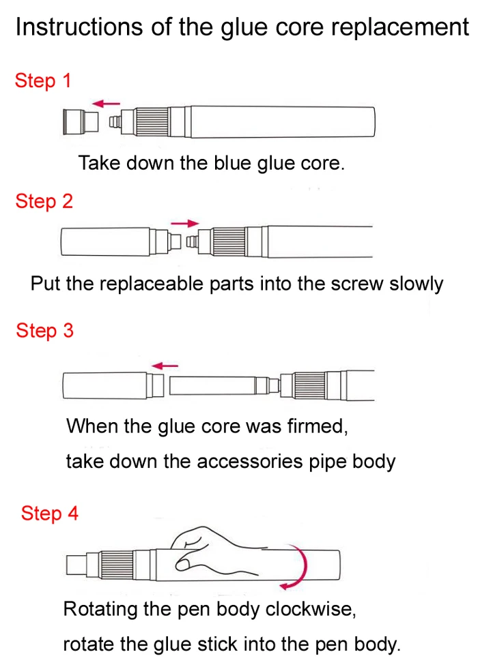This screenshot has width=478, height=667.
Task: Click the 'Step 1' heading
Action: pyautogui.click(x=42, y=81)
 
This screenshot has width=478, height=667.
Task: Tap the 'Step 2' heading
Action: pyautogui.click(x=44, y=201)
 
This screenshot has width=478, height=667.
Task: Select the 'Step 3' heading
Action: pyautogui.click(x=45, y=331)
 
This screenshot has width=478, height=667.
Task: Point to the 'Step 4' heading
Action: pyautogui.click(x=49, y=513)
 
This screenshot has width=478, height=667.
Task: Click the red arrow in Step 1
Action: pyautogui.click(x=106, y=104)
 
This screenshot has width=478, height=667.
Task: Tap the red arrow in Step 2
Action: pyautogui.click(x=185, y=223)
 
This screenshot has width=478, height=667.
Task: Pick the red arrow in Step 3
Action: pyautogui.click(x=165, y=366)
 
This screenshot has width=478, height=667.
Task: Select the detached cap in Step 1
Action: pyautogui.click(x=81, y=121)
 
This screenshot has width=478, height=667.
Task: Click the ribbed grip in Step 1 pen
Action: pyautogui.click(x=151, y=122)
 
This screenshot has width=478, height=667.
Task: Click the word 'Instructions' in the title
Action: pyautogui.click(x=79, y=27)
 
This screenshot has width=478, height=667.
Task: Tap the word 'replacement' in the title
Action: pyautogui.click(x=400, y=28)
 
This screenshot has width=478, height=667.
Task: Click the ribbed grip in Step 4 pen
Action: pyautogui.click(x=117, y=566)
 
